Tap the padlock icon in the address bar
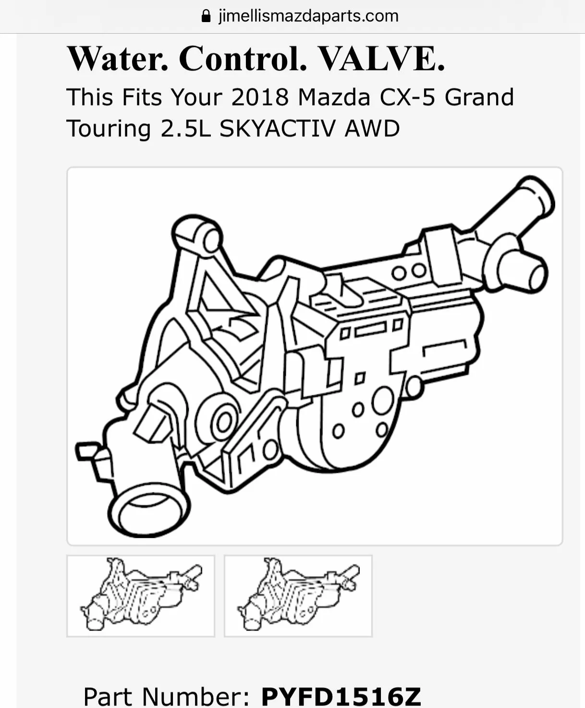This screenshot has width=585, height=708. [x=206, y=16]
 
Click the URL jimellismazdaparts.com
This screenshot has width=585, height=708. [x=308, y=16]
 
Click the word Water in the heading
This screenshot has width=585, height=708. [x=118, y=59]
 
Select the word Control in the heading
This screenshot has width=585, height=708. [x=243, y=59]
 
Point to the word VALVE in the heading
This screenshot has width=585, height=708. [x=381, y=59]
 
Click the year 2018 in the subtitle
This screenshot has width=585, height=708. [x=260, y=97]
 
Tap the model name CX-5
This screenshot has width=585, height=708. [x=407, y=97]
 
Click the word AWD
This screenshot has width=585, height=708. [x=372, y=129]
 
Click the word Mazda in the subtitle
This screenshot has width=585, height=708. [x=334, y=97]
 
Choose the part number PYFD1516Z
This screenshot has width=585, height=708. [x=341, y=696]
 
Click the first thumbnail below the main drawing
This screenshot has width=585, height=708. [x=140, y=596]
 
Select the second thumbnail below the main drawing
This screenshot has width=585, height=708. [x=298, y=596]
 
